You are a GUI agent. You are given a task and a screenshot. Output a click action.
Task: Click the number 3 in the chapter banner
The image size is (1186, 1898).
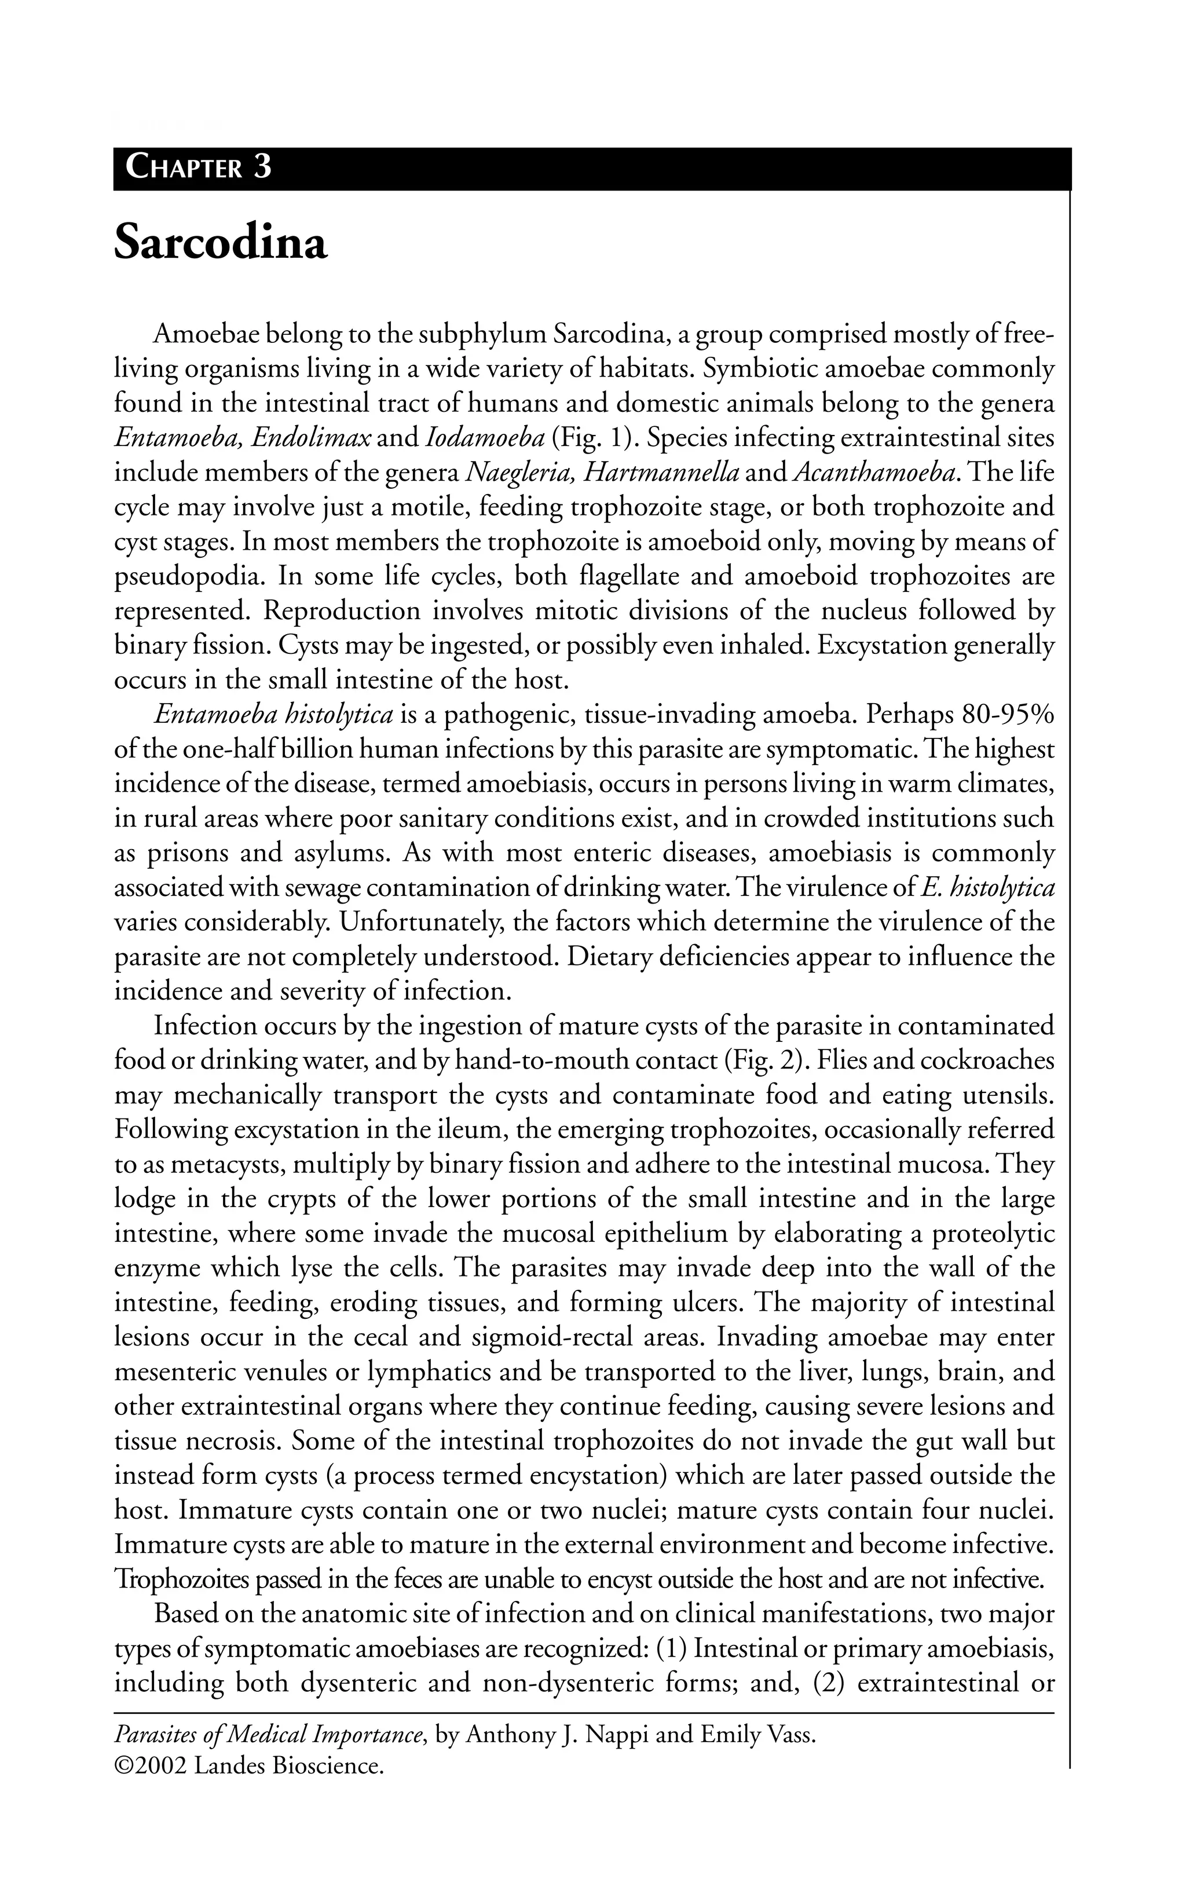tap(263, 167)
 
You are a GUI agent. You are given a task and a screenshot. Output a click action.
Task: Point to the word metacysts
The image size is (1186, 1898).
tap(226, 1164)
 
